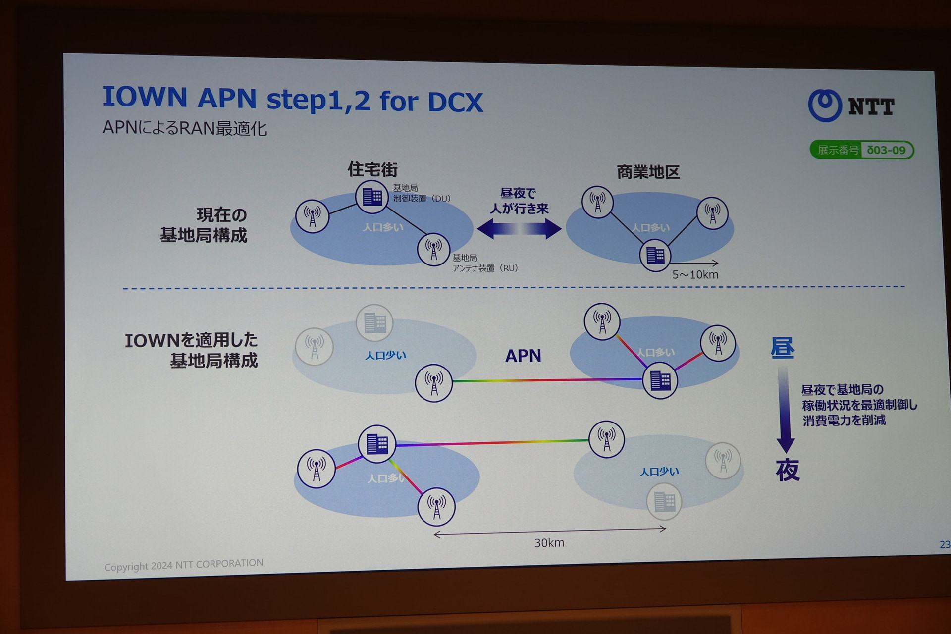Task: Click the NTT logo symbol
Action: pos(825,106)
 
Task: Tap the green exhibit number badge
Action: pos(862,150)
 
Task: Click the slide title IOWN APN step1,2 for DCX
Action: pos(292,99)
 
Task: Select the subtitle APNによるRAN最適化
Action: pos(185,128)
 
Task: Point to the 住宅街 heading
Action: pos(372,169)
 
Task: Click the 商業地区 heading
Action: pos(648,172)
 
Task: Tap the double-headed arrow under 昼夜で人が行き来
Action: pos(519,229)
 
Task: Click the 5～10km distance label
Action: pos(695,275)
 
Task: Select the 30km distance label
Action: pos(549,543)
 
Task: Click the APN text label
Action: pos(523,356)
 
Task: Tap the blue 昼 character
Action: pos(783,348)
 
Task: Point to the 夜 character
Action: pos(788,470)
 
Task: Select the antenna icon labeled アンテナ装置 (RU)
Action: pos(433,250)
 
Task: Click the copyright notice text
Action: pos(184,565)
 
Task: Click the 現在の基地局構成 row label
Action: pos(204,225)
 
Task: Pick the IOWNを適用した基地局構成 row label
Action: pos(191,350)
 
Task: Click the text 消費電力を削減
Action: pos(844,421)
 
